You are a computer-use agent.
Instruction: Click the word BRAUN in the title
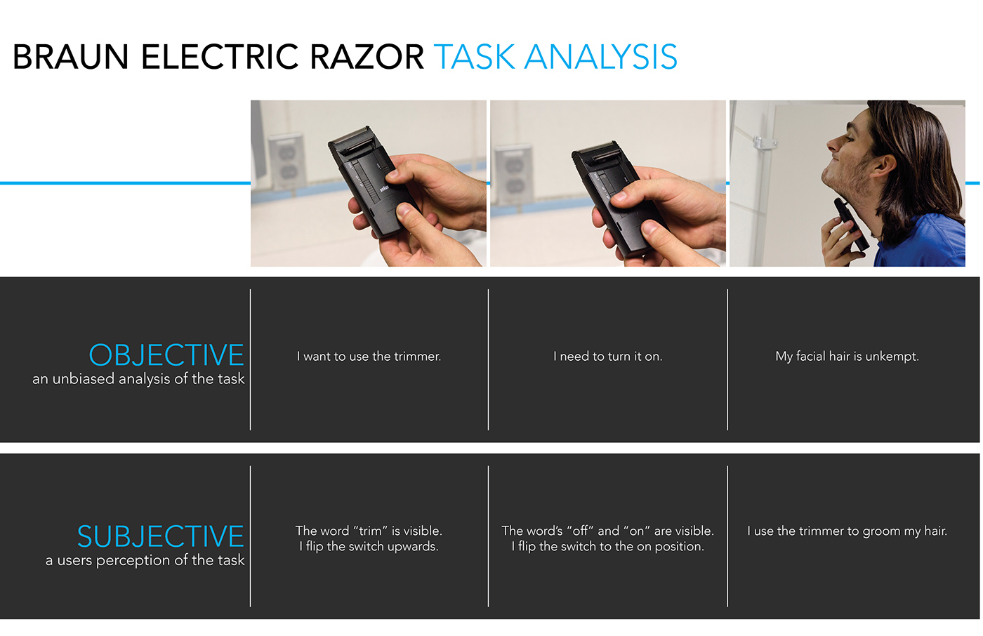point(71,58)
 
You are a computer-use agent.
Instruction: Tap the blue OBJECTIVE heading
point(166,355)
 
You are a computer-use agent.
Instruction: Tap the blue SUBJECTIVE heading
point(160,537)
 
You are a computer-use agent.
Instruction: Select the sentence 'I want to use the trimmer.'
point(369,357)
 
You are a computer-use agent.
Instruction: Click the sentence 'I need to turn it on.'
point(607,357)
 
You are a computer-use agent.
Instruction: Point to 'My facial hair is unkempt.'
point(847,357)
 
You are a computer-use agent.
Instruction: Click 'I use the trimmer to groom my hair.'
point(847,531)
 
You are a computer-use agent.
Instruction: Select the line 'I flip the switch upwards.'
point(369,547)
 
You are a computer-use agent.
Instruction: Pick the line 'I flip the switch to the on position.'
point(607,547)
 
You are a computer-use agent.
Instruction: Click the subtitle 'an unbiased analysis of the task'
point(138,379)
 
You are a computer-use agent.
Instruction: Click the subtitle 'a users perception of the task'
point(145,561)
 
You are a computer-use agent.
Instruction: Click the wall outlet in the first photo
point(286,161)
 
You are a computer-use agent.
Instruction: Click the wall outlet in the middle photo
point(513,173)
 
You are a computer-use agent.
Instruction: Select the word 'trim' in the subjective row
point(370,531)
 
